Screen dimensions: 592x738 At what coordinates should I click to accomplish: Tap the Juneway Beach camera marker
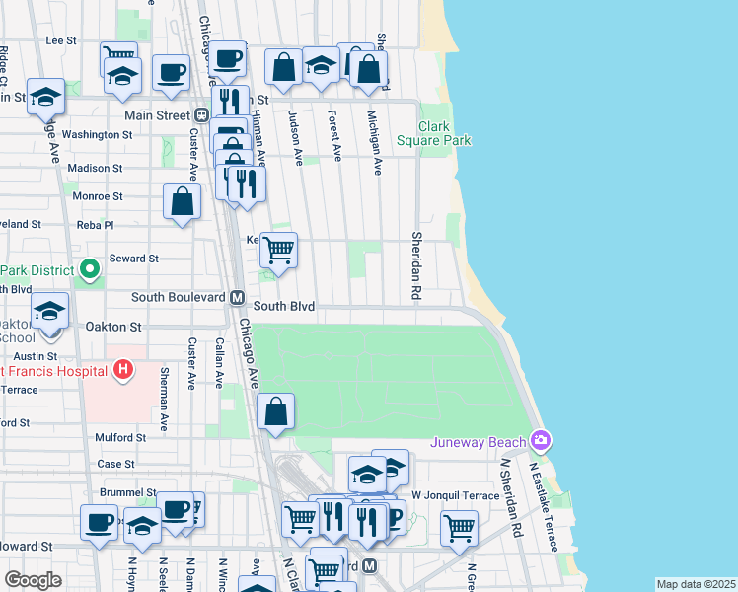(540, 440)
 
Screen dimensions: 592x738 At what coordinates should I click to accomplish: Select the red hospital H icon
(123, 370)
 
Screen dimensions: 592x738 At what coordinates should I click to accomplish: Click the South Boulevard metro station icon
(237, 297)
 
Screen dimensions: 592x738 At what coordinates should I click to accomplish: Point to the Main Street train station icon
(201, 114)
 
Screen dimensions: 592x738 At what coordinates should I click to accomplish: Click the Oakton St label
(116, 326)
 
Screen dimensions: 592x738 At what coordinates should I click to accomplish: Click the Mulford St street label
(120, 438)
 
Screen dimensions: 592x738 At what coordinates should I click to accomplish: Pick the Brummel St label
(128, 491)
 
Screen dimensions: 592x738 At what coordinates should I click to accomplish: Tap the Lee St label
(61, 40)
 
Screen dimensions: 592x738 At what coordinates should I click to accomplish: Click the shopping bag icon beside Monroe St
(183, 201)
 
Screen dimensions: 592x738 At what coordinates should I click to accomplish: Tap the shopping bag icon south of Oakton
(276, 411)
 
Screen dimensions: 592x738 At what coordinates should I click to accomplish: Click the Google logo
(33, 579)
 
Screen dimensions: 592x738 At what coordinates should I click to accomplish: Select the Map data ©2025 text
(696, 584)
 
